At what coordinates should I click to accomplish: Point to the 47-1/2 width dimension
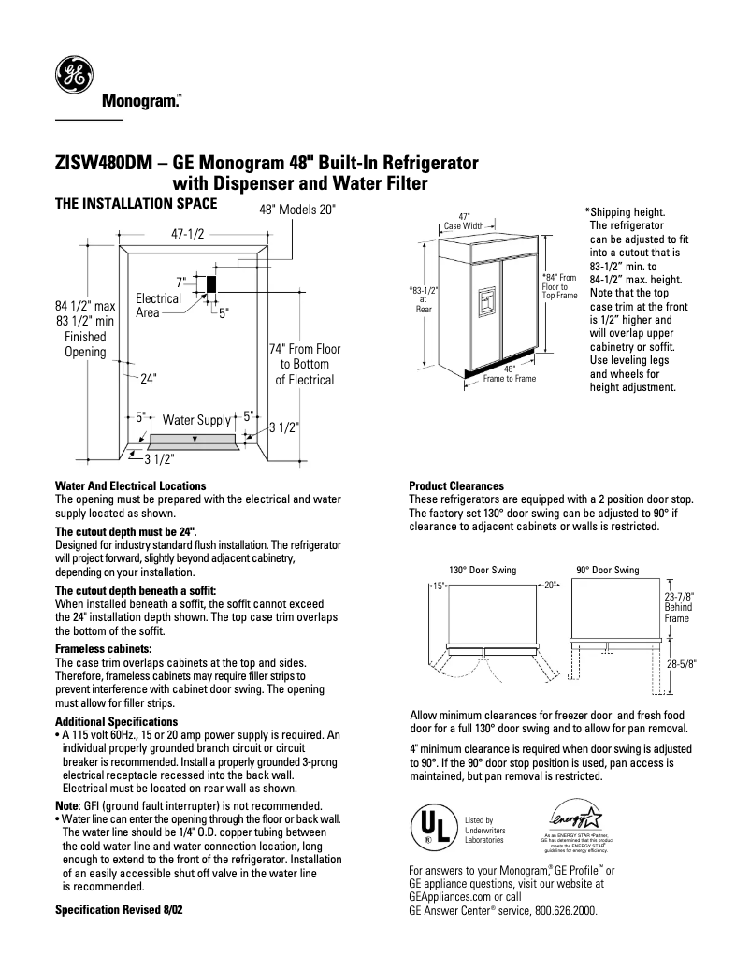[x=187, y=236]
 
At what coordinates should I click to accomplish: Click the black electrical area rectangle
[x=211, y=282]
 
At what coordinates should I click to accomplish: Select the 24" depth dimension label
[x=148, y=379]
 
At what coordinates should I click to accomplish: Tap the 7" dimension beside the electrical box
[x=180, y=281]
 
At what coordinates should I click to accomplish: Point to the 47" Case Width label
[x=463, y=221]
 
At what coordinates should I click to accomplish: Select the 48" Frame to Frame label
[x=509, y=374]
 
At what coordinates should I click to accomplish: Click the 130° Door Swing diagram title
[x=482, y=570]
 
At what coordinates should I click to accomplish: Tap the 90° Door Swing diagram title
[x=607, y=570]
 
